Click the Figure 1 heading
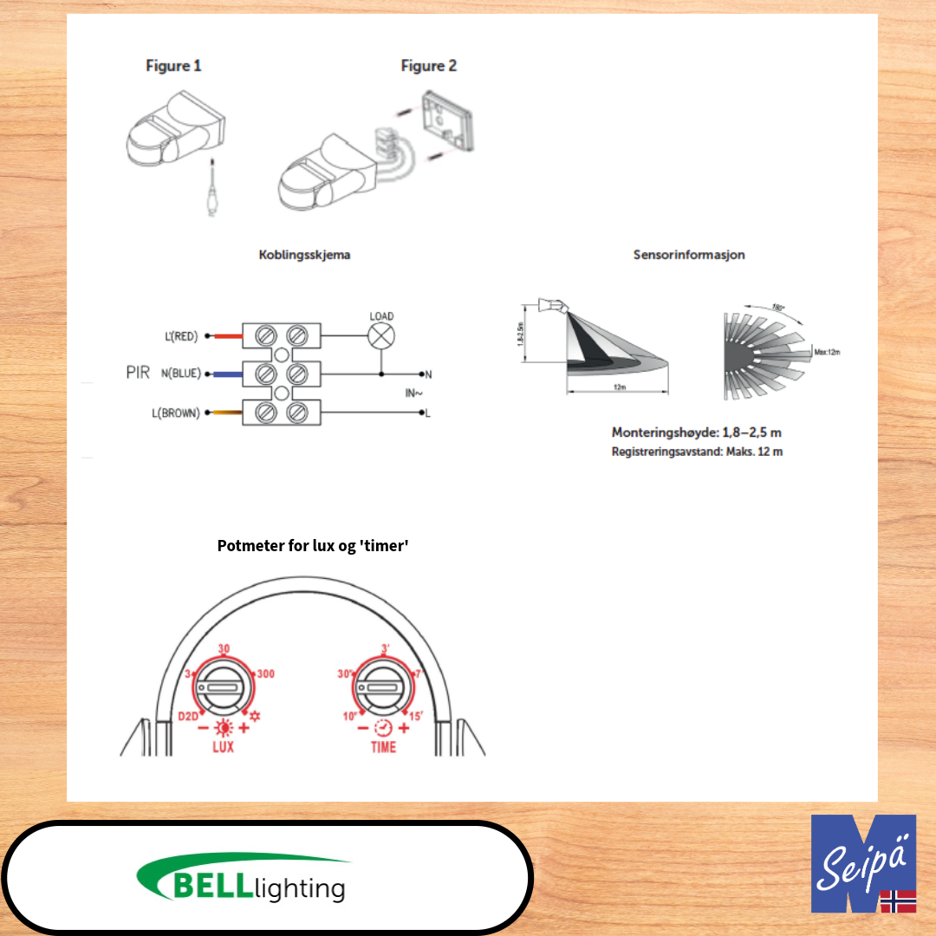coord(173,66)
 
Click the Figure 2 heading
coord(428,66)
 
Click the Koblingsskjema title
coord(304,256)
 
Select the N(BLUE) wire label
coord(180,374)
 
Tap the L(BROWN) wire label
coord(175,413)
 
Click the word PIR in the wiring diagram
coord(138,373)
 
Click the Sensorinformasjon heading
coord(689,255)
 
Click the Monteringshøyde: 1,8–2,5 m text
coord(701,432)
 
